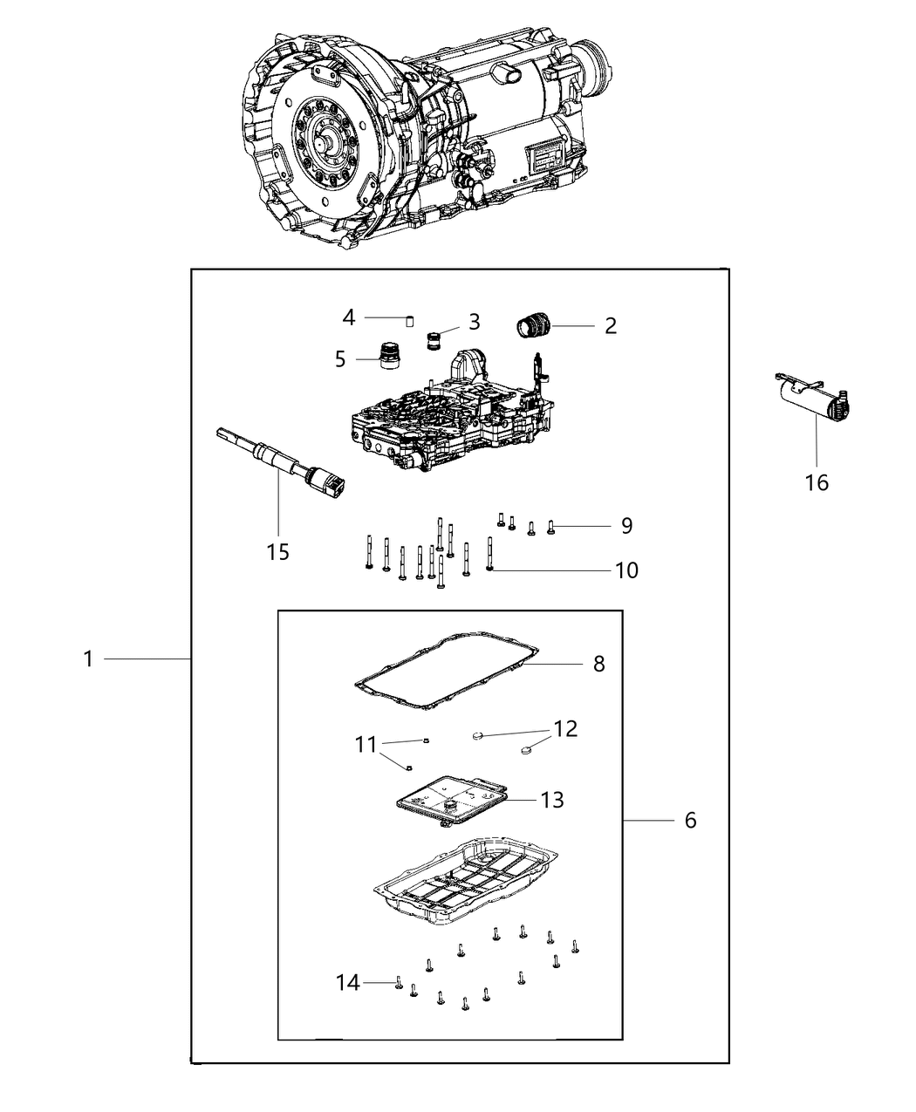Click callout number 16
[x=817, y=482]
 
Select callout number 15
[x=277, y=552]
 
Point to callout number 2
[x=610, y=326]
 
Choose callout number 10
[x=626, y=570]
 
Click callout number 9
[x=626, y=526]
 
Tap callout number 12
[x=565, y=728]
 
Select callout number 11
[x=365, y=745]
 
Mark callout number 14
[x=347, y=983]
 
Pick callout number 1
[x=87, y=659]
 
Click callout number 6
[x=690, y=821]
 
